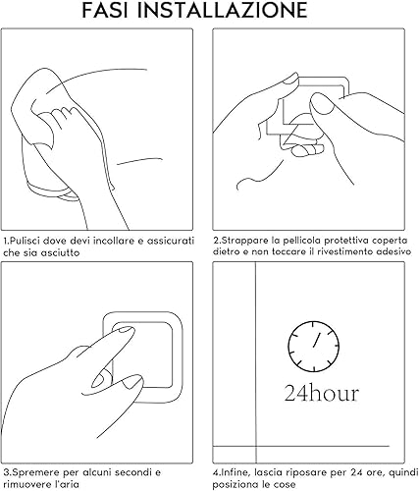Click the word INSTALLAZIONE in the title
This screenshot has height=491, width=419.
[222, 10]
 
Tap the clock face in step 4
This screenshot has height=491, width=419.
[314, 347]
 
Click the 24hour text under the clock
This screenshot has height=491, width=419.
[322, 393]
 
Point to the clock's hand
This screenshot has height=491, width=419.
[317, 339]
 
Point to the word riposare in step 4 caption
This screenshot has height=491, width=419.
[305, 472]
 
